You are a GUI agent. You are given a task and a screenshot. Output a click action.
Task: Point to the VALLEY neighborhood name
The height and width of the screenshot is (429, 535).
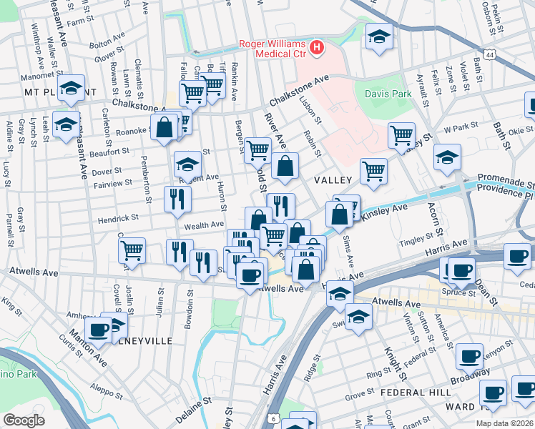pyautogui.click(x=333, y=180)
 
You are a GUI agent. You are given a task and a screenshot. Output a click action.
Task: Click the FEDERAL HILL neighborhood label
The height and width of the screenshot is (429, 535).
pyautogui.click(x=415, y=393)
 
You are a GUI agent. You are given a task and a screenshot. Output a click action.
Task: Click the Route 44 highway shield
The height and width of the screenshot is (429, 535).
pyautogui.click(x=489, y=54)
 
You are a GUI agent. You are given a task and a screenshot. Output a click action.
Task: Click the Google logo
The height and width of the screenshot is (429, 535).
pyautogui.click(x=24, y=420)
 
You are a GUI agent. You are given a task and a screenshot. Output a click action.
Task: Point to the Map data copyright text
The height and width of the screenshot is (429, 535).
pyautogui.click(x=504, y=423)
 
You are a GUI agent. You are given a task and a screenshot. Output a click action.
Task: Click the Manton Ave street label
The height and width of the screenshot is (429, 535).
pyautogui.click(x=87, y=348)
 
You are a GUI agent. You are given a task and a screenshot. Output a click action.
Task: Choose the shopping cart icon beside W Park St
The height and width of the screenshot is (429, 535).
pyautogui.click(x=402, y=134)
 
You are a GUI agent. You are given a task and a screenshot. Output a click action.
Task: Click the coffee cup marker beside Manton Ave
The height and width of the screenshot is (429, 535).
pyautogui.click(x=98, y=330)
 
